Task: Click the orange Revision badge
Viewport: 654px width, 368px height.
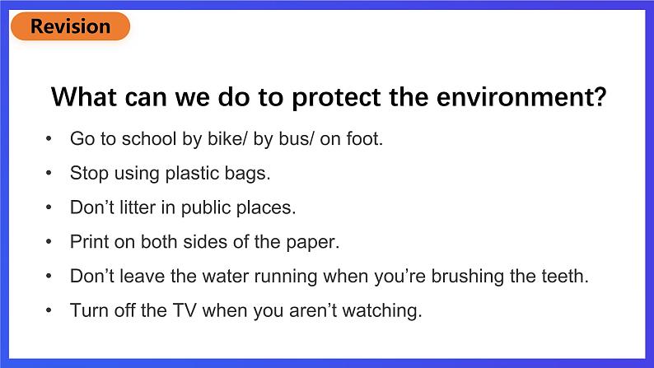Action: (x=71, y=26)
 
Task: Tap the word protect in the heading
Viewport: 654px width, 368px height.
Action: (x=336, y=98)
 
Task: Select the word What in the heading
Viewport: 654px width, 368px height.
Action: (x=84, y=97)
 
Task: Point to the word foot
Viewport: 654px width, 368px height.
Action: (x=365, y=138)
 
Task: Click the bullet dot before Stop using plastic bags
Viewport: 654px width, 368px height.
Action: (x=49, y=173)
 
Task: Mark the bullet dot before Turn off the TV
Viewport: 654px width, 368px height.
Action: (x=49, y=310)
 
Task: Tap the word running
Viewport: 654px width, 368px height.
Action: (x=286, y=277)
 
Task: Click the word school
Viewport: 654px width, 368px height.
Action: (x=149, y=138)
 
